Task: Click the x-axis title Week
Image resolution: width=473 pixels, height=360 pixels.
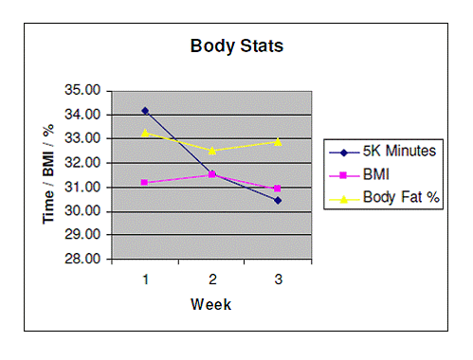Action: coord(210,305)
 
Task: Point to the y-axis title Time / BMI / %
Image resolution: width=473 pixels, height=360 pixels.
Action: coord(47,175)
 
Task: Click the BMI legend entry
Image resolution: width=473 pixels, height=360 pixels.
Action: coord(378,174)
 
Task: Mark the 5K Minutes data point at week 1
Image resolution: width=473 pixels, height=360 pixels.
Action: coord(145,111)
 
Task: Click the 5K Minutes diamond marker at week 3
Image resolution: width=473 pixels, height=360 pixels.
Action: coord(278,200)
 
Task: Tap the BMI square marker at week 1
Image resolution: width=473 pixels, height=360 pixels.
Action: coord(145,182)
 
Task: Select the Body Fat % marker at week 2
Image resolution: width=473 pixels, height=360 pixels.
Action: coord(211,150)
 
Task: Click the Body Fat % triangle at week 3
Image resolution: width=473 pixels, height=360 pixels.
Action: coord(278,141)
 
